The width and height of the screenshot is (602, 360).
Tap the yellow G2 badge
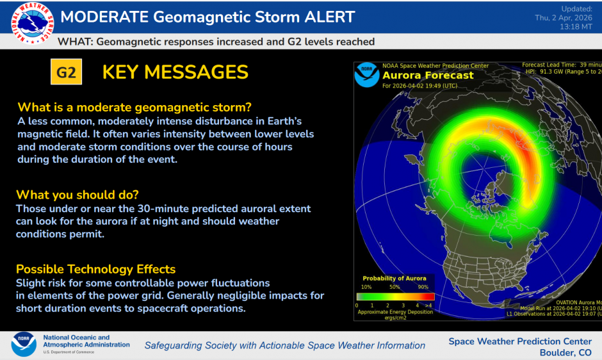click(x=67, y=72)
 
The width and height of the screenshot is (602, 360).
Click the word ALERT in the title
click(x=329, y=17)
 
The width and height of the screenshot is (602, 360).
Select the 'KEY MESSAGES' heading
click(x=175, y=72)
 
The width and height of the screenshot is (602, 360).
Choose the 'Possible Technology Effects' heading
click(x=95, y=269)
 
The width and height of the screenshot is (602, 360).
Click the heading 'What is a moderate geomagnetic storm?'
click(x=134, y=107)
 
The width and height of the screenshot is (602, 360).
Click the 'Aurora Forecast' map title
click(x=428, y=76)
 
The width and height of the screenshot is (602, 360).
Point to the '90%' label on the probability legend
click(x=423, y=287)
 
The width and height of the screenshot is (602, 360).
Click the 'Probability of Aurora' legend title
click(x=395, y=279)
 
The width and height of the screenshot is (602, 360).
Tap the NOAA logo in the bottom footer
click(x=24, y=344)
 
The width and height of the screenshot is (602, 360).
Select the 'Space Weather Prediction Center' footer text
click(x=520, y=341)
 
